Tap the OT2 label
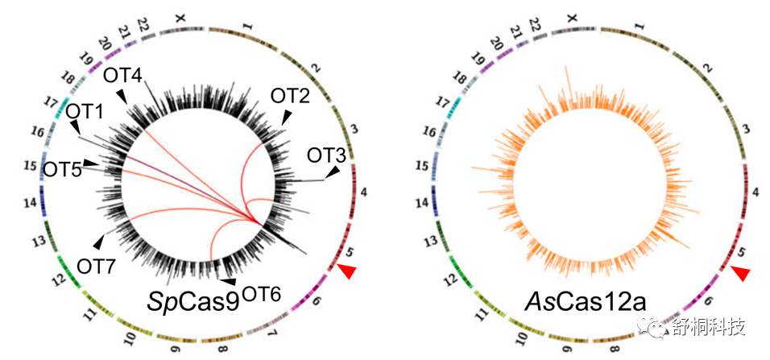coord(290,97)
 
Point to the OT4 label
coord(122,77)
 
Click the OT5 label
coord(62,169)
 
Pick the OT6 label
coord(260,294)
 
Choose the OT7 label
coord(96,263)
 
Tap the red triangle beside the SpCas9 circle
coord(347,272)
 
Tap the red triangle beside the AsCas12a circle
coord(741,274)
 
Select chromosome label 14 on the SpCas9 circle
coord(30,201)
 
